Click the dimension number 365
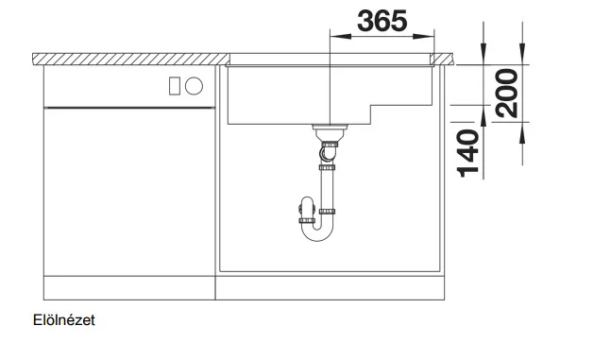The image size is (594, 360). (x=382, y=21)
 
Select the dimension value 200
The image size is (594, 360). (x=506, y=94)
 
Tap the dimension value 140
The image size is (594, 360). (x=468, y=153)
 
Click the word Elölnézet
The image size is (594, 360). (x=63, y=320)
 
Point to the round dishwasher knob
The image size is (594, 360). (x=194, y=86)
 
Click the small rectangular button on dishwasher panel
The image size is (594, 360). (x=175, y=86)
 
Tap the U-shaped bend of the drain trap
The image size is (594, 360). (x=317, y=231)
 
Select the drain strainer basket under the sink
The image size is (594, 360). (x=330, y=132)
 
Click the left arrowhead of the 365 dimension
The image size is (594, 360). (x=340, y=37)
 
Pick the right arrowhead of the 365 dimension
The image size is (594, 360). (x=423, y=37)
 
